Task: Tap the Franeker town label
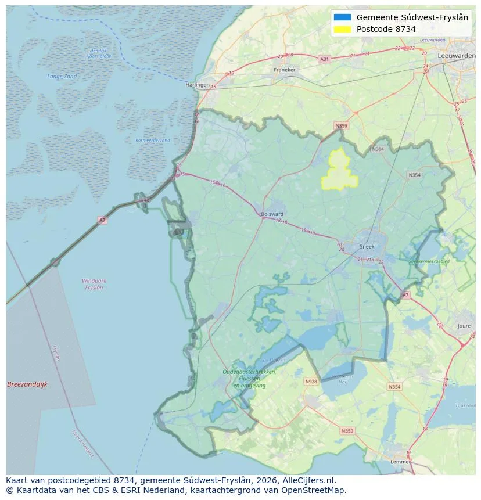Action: click(x=285, y=70)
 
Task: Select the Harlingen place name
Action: click(x=197, y=84)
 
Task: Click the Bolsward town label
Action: click(x=272, y=214)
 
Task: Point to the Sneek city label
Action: click(x=367, y=246)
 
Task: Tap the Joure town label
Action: click(x=464, y=326)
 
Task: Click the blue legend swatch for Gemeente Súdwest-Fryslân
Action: click(x=343, y=17)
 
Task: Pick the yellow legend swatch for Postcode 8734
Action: click(x=343, y=29)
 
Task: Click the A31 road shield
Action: click(x=324, y=59)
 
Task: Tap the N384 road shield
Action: click(x=378, y=149)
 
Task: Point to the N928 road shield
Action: click(x=311, y=382)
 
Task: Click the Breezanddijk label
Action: click(x=27, y=384)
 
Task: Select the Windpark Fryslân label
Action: click(x=94, y=284)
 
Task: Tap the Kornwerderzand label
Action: click(x=152, y=140)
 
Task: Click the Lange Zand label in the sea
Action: click(x=62, y=76)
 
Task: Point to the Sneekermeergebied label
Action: click(x=429, y=262)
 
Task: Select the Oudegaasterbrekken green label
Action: click(x=250, y=372)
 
